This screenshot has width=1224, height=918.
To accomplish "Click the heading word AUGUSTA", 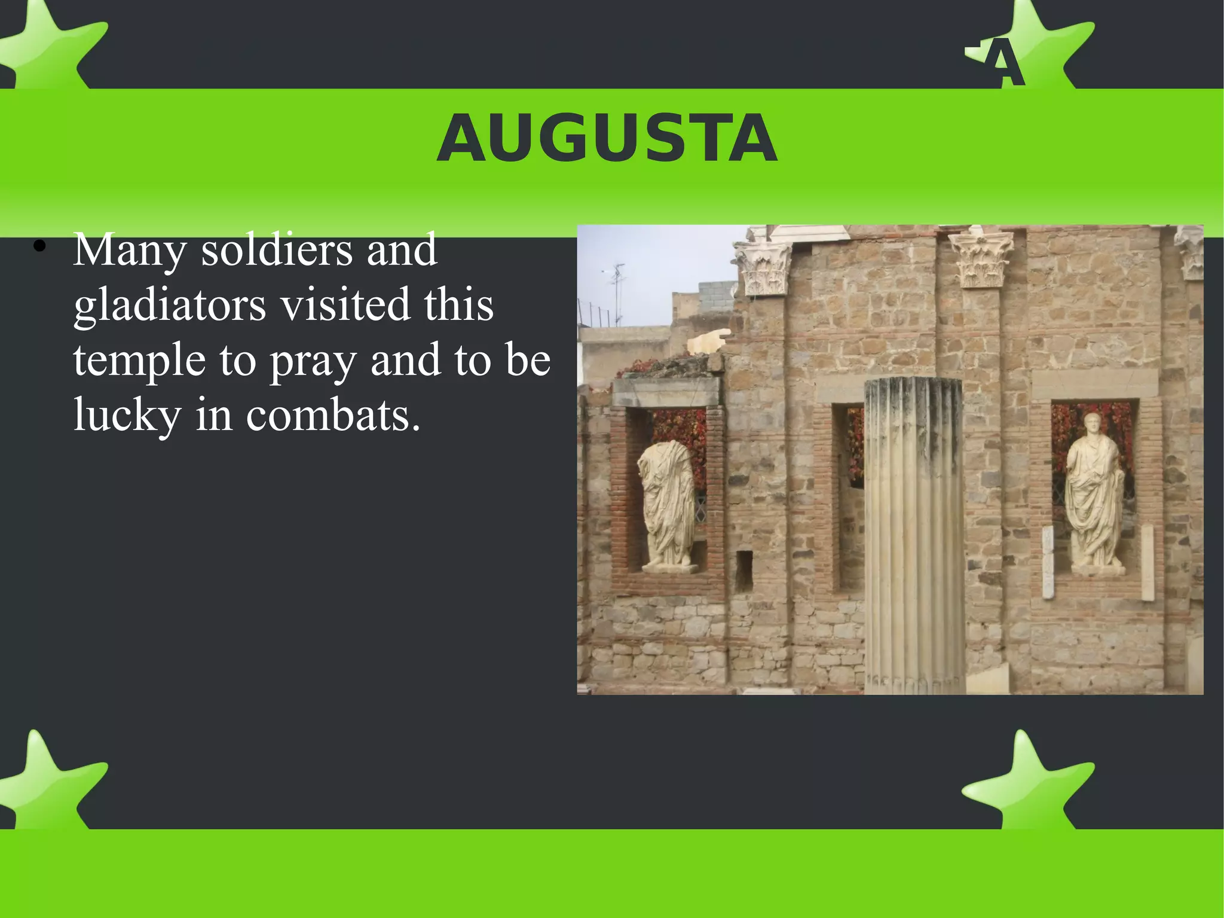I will click(x=607, y=139).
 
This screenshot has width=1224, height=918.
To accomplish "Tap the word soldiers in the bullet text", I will click(x=276, y=251).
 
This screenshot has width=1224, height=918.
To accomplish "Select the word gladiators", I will click(x=170, y=305).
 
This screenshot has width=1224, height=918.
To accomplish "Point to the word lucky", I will click(x=127, y=414).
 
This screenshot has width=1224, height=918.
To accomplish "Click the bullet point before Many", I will click(x=39, y=246).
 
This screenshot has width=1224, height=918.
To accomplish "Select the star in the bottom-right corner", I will click(x=1027, y=780).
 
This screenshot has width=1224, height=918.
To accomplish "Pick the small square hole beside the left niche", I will click(x=743, y=571).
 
